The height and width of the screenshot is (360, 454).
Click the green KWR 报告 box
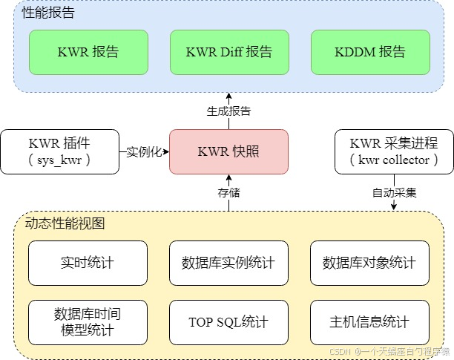pyautogui.click(x=88, y=52)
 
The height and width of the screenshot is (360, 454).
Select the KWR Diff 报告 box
pyautogui.click(x=228, y=52)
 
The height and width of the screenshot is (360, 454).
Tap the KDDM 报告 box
pyautogui.click(x=369, y=52)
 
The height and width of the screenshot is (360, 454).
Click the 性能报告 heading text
pyautogui.click(x=48, y=13)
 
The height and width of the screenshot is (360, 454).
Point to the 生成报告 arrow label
pyautogui.click(x=228, y=111)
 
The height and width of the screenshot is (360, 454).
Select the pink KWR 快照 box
pyautogui.click(x=228, y=151)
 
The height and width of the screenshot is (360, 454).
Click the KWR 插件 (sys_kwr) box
pyautogui.click(x=59, y=151)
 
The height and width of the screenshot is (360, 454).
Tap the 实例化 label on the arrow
pyautogui.click(x=144, y=151)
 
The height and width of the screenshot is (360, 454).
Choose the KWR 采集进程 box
pyautogui.click(x=394, y=151)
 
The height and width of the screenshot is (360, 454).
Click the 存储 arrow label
pyautogui.click(x=228, y=193)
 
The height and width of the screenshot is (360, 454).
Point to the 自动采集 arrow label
pyautogui.click(x=394, y=193)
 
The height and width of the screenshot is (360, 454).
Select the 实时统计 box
pyautogui.click(x=88, y=263)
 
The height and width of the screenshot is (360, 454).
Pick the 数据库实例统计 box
pyautogui.click(x=228, y=263)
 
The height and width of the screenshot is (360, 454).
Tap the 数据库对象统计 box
pyautogui.click(x=369, y=263)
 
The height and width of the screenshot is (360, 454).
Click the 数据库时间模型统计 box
pyautogui.click(x=88, y=322)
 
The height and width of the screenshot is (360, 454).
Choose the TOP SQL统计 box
pyautogui.click(x=228, y=322)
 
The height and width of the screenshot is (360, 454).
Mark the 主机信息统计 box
pyautogui.click(x=369, y=322)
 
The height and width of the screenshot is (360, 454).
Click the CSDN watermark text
pyautogui.click(x=389, y=351)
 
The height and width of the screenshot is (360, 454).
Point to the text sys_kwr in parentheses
pyautogui.click(x=59, y=160)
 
